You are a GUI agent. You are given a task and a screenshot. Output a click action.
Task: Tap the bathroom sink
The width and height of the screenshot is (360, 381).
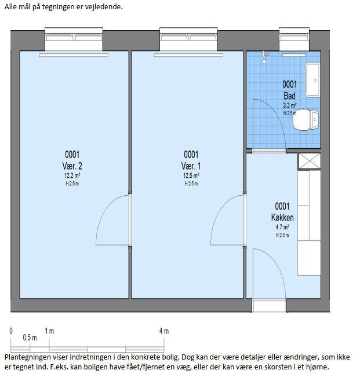point(313,80)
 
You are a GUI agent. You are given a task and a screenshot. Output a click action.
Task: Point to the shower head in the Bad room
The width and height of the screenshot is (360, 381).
point(265,58)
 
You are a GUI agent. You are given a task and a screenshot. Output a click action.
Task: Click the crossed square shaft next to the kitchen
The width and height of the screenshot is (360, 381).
point(310,161)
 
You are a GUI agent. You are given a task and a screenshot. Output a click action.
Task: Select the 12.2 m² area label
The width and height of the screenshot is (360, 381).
point(72,175)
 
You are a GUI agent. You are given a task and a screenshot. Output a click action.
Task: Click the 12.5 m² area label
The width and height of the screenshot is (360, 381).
point(191,175)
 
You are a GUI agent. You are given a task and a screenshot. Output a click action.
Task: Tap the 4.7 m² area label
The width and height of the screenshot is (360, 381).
point(282,227)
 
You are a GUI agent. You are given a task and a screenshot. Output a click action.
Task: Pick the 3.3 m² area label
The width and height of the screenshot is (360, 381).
point(289,105)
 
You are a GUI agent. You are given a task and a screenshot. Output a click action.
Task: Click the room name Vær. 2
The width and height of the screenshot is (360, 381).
point(72,166)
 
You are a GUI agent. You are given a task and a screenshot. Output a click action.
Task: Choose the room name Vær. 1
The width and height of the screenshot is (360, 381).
point(191,166)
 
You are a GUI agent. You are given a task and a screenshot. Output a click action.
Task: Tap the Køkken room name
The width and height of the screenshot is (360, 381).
point(282,218)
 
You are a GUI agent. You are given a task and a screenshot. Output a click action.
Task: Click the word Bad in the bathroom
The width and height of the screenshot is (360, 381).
point(289,96)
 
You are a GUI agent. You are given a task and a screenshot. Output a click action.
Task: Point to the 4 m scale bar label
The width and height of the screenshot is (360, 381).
point(164,331)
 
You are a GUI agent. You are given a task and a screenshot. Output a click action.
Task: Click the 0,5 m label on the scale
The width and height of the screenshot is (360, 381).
point(30,338)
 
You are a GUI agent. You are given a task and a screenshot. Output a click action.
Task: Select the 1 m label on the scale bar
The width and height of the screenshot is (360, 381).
point(49,331)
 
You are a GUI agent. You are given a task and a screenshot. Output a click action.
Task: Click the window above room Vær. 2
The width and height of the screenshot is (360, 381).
point(74,39)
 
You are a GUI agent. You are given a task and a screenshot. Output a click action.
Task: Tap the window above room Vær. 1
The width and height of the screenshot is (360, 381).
point(188,39)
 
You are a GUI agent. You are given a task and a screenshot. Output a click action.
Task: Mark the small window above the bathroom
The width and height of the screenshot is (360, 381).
point(294,39)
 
